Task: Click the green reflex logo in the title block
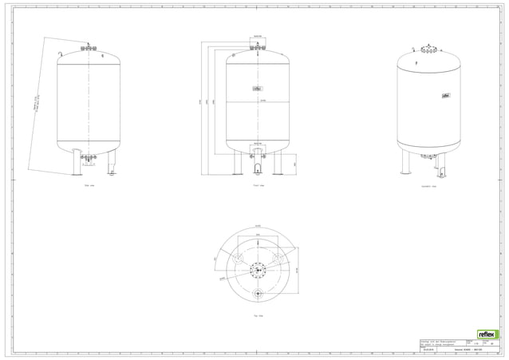[x=487, y=334]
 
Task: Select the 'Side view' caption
[x=89, y=184]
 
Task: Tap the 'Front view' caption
[x=258, y=184]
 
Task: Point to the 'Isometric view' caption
[x=428, y=184]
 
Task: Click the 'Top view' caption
[x=258, y=315]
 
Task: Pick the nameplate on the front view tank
[x=258, y=88]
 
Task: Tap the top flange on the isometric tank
[x=429, y=50]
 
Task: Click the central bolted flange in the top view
[x=258, y=269]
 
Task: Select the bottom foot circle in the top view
[x=258, y=295]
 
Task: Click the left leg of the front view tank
[x=237, y=163]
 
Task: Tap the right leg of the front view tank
[x=279, y=163]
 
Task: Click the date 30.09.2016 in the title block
[x=428, y=350]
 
